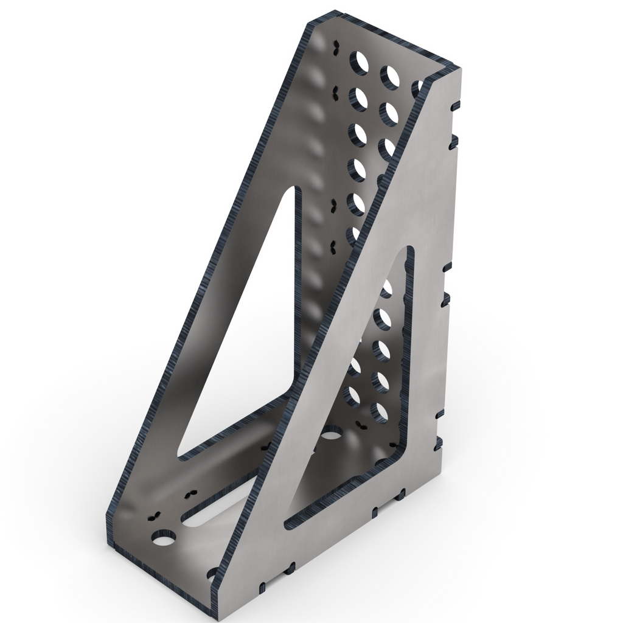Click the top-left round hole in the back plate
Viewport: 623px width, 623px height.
pyautogui.click(x=360, y=62)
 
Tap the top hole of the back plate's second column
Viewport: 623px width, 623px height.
pyautogui.click(x=389, y=75)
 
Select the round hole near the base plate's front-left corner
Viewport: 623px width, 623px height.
pyautogui.click(x=164, y=538)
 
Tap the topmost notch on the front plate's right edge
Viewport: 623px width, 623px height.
pyautogui.click(x=453, y=105)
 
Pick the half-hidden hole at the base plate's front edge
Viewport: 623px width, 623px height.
pyautogui.click(x=213, y=573)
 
